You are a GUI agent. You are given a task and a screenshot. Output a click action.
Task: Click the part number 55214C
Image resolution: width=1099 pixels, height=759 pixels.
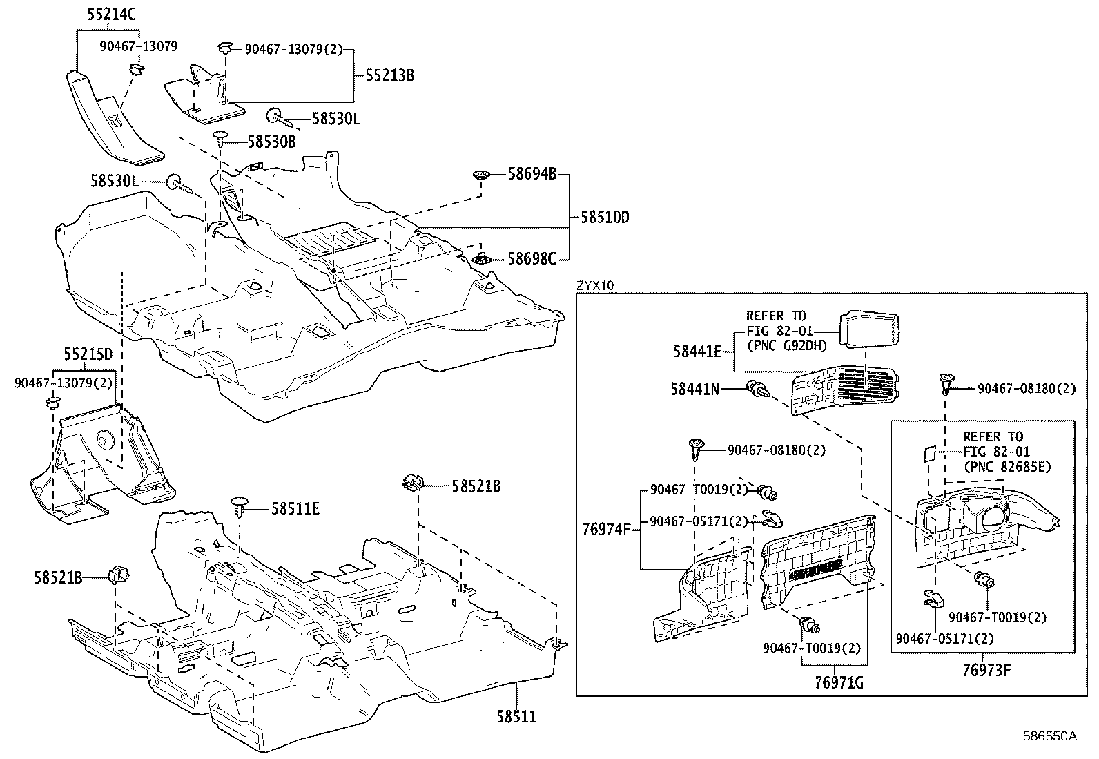tap(112, 13)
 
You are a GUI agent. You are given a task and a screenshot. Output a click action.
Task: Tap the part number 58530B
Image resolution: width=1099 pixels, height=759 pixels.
tap(271, 142)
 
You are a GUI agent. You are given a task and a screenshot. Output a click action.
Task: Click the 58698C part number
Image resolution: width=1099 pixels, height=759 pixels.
tap(532, 259)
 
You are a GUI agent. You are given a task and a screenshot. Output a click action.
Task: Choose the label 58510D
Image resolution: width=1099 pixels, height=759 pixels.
tap(605, 217)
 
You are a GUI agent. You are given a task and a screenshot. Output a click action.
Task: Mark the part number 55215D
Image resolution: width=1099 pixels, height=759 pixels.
tap(88, 355)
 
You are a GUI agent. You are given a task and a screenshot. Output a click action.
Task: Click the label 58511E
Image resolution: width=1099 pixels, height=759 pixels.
tap(295, 509)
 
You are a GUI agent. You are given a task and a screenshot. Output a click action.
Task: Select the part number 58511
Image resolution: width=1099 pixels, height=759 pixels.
tap(517, 716)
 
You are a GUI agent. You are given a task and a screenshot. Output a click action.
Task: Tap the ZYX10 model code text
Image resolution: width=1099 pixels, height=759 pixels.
tap(594, 285)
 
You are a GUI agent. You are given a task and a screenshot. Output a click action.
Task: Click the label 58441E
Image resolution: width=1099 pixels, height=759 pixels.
tap(697, 352)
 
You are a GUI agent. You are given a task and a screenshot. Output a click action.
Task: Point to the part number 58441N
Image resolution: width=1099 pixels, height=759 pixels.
tap(694, 390)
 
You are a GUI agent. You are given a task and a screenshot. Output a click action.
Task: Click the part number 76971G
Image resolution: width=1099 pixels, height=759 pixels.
tap(839, 683)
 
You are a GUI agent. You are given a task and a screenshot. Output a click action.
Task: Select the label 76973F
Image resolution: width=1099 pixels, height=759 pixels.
tap(986, 669)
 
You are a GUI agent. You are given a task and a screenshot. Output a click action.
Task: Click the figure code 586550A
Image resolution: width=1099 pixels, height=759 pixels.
tap(1049, 736)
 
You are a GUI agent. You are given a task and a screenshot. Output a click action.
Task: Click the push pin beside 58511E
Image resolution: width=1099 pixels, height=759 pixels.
tap(240, 504)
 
